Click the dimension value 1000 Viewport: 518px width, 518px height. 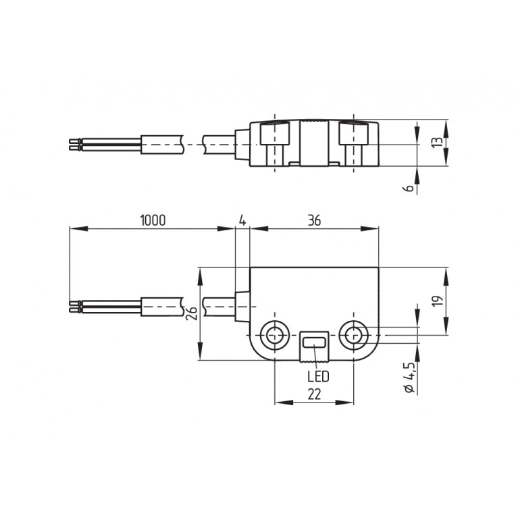[x=152, y=220]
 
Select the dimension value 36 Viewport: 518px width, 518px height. [x=313, y=220]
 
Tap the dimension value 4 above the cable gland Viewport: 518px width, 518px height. [x=242, y=220]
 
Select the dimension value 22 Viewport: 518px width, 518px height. [x=313, y=395]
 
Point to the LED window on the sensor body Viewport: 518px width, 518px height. [x=313, y=343]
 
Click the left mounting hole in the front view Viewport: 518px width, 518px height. [x=275, y=333]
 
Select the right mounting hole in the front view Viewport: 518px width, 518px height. [x=353, y=333]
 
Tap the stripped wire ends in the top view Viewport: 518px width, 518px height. [x=75, y=145]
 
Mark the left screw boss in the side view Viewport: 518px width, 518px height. [x=275, y=143]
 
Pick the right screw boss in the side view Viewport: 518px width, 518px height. [x=353, y=143]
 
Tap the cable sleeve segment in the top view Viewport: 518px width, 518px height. [x=162, y=144]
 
